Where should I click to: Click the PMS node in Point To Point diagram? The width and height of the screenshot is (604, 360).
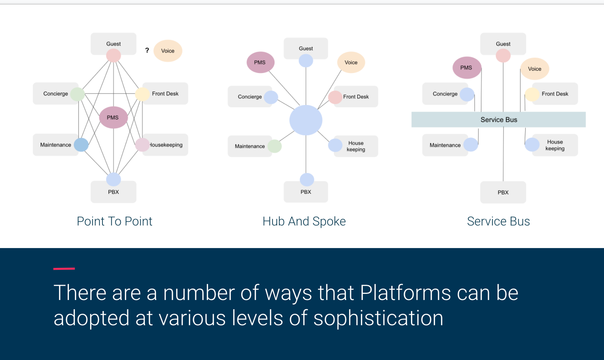(x=113, y=117)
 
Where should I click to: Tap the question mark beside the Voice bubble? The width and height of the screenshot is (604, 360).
(x=147, y=50)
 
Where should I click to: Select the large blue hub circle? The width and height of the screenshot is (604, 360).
(x=306, y=120)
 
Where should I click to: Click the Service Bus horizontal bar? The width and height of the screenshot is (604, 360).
(x=498, y=120)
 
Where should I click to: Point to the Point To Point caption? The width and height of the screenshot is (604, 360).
(x=114, y=221)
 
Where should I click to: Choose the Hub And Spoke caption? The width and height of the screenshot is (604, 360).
(x=304, y=221)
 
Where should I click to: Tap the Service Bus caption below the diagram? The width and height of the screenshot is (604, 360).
(x=498, y=221)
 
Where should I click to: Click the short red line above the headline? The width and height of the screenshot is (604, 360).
(x=64, y=269)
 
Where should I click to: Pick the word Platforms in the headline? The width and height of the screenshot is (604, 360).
(x=405, y=293)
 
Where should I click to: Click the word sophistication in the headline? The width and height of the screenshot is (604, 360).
(x=378, y=318)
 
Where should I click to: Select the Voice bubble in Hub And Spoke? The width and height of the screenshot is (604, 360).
(x=351, y=62)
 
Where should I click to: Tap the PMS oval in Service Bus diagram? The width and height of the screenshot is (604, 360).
(x=466, y=68)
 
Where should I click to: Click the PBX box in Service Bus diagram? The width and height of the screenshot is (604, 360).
(x=503, y=192)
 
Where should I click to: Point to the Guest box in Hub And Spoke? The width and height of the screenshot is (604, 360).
(x=306, y=48)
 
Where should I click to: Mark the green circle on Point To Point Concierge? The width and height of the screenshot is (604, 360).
(x=77, y=94)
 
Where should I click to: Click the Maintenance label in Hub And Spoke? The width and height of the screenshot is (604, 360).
(x=250, y=146)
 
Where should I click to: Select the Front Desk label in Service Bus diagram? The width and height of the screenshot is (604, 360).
(x=555, y=94)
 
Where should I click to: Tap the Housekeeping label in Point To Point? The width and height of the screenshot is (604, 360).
(x=166, y=145)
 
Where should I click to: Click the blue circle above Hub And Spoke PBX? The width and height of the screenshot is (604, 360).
(x=307, y=179)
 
